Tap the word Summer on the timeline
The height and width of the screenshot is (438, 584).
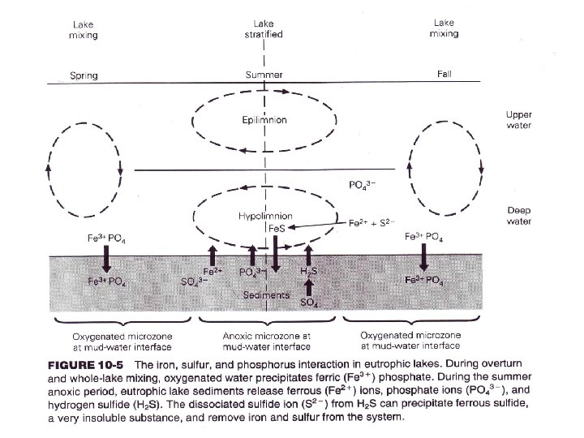264,75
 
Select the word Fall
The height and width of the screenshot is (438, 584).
444,75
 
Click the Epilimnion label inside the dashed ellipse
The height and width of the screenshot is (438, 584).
264,121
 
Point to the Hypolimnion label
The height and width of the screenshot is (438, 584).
264,217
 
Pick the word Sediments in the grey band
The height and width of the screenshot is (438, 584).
267,295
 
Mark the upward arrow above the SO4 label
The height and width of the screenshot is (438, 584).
308,287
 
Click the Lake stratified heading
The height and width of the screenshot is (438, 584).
264,30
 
